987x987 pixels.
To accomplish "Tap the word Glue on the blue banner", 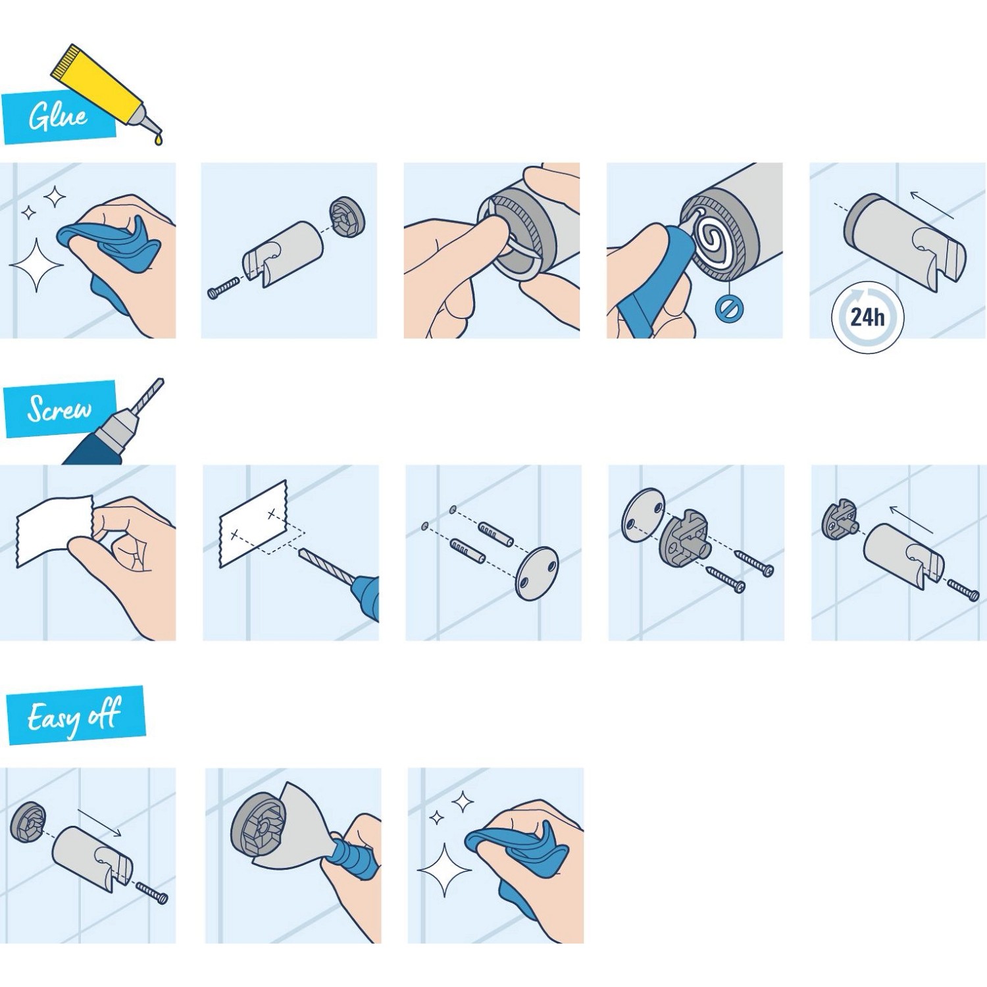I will (x=58, y=116).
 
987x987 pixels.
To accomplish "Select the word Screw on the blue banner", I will (x=59, y=409).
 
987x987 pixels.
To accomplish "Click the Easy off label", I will (x=74, y=715).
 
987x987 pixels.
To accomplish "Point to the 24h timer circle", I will (x=867, y=317).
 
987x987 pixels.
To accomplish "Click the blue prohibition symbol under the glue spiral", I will (x=729, y=308).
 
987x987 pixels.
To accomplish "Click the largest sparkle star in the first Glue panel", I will (x=36, y=265).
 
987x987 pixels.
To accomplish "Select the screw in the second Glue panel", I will (x=224, y=288).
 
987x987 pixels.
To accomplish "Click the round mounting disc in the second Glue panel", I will (x=346, y=217).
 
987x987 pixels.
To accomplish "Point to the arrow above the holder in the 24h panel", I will (x=932, y=205).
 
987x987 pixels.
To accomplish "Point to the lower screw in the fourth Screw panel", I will (x=725, y=579).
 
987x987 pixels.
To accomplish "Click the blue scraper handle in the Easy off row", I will (x=355, y=855).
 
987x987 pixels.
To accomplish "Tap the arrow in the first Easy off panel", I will (x=99, y=822).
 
